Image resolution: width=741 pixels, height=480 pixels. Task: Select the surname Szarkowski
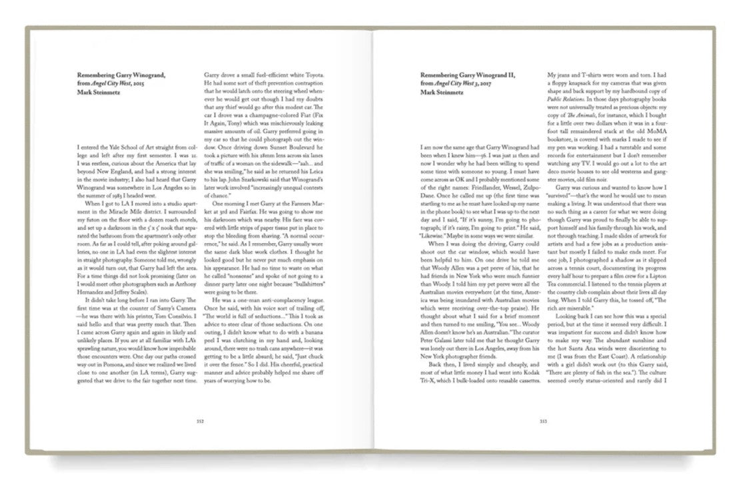pyautogui.click(x=255, y=180)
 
